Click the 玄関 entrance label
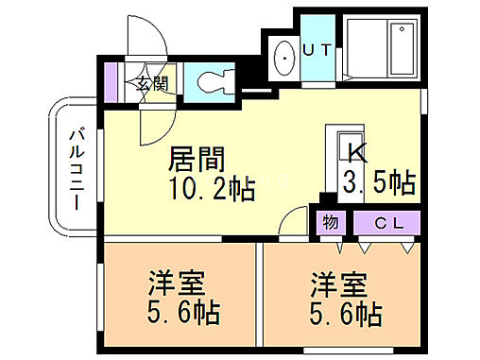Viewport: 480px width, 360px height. (x=151, y=82)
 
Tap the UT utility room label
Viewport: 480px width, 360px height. (x=316, y=50)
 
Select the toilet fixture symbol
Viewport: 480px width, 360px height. (x=213, y=80)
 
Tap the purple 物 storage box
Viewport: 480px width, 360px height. (x=330, y=224)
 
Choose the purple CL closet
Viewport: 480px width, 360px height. (x=385, y=224)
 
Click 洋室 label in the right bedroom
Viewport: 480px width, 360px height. (x=336, y=283)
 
